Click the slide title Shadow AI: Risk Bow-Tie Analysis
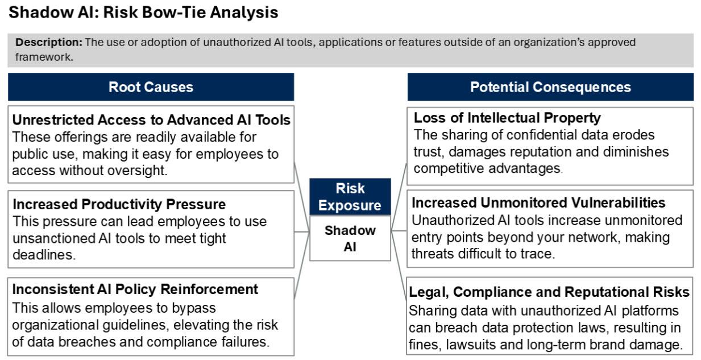(143, 13)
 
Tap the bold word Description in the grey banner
(49, 42)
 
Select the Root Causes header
(151, 86)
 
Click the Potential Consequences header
(550, 86)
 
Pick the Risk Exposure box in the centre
(350, 197)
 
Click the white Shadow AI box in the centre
(350, 238)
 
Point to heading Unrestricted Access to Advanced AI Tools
(151, 120)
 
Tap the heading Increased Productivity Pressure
(119, 204)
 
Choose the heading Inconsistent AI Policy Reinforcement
(135, 289)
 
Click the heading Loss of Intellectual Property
(507, 118)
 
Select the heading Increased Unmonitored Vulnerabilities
(538, 203)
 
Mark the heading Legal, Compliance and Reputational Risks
(549, 292)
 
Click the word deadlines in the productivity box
(44, 255)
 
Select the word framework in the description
(44, 57)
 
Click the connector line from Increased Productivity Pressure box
(302, 232)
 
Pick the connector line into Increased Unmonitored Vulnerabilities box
(399, 231)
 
